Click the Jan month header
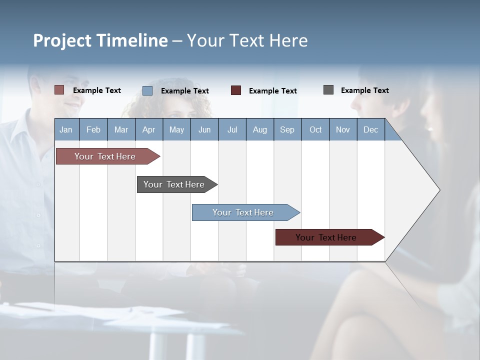tap(66, 129)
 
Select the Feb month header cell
tap(93, 129)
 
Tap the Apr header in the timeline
tap(148, 129)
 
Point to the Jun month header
tap(204, 129)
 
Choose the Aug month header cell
tap(260, 129)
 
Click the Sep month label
tap(287, 129)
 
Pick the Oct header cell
tap(315, 129)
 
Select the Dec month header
tap(371, 129)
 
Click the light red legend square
tap(59, 90)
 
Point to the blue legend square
tap(147, 90)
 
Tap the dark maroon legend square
tap(236, 90)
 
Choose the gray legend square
tap(328, 90)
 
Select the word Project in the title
tap(62, 40)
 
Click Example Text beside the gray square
tap(364, 90)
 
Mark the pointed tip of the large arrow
tap(439, 190)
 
